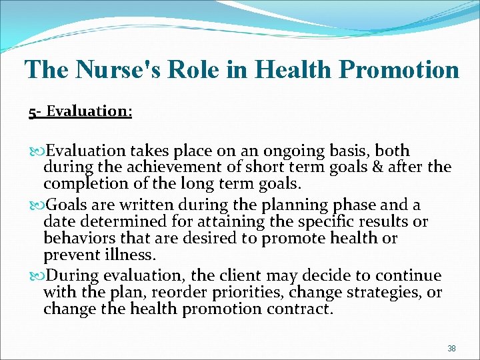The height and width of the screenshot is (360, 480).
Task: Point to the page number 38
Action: coord(451,348)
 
